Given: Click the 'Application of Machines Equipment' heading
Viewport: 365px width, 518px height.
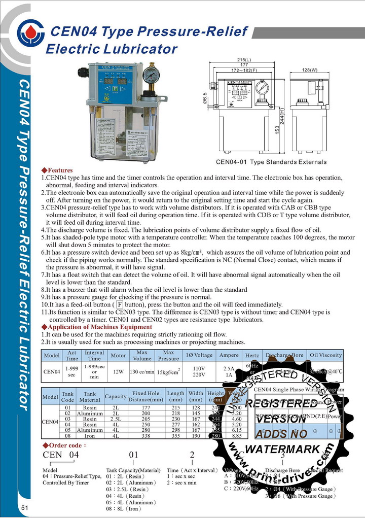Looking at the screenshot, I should click(x=96, y=327).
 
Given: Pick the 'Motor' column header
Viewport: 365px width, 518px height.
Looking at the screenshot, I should click(x=118, y=356).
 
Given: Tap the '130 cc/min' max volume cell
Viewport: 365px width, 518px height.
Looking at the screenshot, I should click(x=141, y=371).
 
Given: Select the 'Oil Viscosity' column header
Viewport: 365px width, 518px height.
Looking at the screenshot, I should click(x=326, y=355).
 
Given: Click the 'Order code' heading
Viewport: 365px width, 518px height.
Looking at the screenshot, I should click(x=64, y=445).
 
